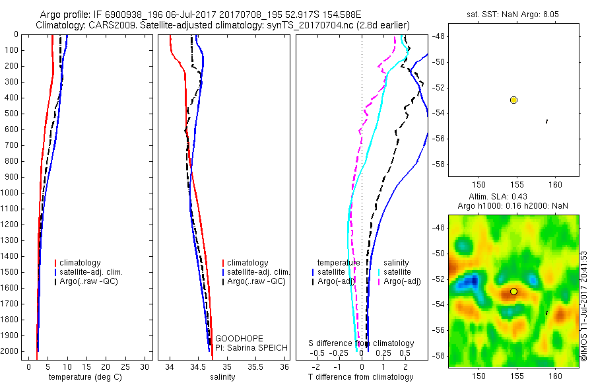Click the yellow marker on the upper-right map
[513, 100]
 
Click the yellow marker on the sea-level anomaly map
[513, 291]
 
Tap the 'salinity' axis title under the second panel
[222, 377]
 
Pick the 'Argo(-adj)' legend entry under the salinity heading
[402, 281]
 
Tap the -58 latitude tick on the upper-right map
[438, 164]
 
